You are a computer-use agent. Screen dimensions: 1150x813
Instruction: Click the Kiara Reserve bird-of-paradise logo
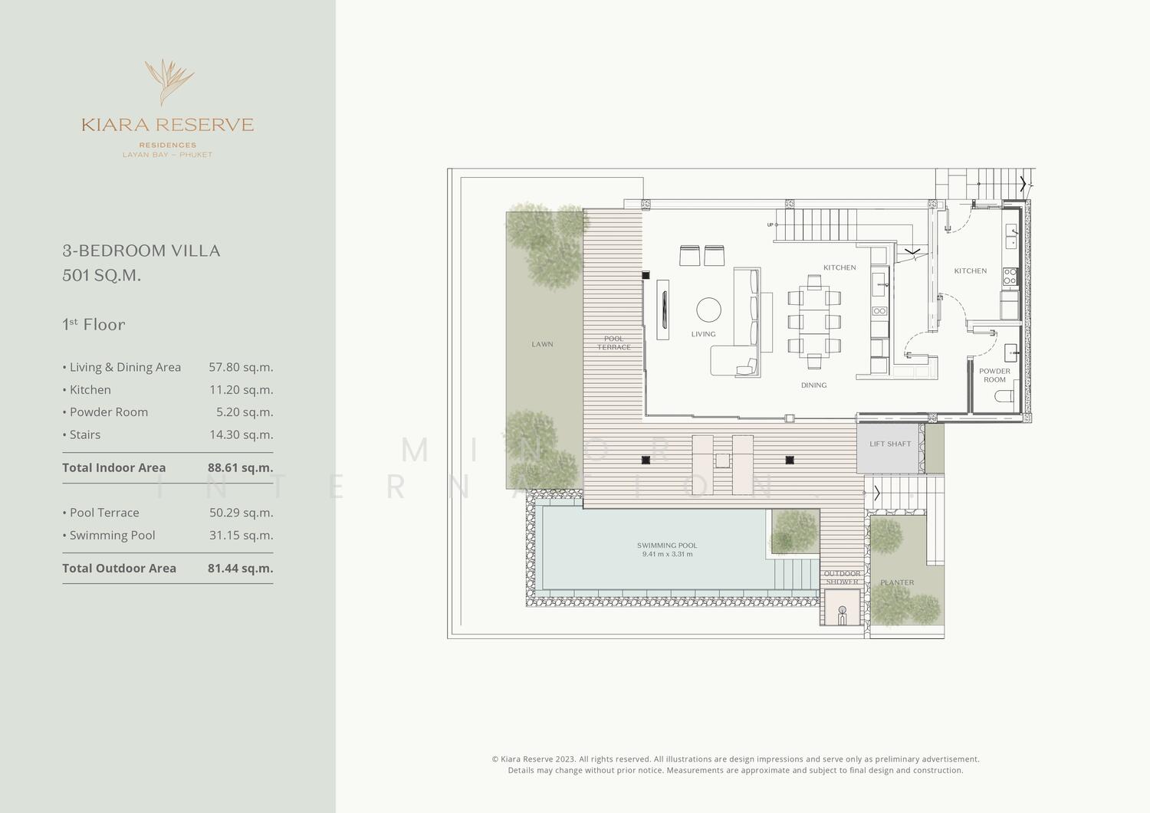(x=169, y=82)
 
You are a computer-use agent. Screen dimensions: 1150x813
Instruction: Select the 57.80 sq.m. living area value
(x=241, y=367)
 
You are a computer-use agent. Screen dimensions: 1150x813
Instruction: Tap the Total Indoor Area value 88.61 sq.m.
(x=240, y=467)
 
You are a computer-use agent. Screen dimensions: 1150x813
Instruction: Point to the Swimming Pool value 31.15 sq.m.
(x=241, y=535)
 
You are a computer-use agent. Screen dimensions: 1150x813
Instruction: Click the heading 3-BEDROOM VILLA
(x=141, y=251)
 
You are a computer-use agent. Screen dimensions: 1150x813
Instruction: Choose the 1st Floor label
(x=94, y=324)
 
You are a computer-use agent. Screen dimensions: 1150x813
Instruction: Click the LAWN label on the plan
(x=542, y=344)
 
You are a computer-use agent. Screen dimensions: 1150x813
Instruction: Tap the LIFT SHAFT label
(x=889, y=444)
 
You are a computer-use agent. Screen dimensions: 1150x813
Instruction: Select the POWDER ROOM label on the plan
(x=994, y=375)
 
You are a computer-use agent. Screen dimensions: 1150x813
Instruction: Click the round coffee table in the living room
(x=708, y=310)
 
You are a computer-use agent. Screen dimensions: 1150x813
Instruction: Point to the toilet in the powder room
(x=1004, y=396)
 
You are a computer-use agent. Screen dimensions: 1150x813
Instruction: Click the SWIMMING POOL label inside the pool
(x=667, y=545)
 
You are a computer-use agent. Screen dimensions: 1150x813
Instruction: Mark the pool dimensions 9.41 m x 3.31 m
(x=667, y=554)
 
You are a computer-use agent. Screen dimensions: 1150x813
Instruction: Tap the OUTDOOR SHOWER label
(x=842, y=578)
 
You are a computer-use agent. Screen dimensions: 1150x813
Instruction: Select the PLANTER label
(x=897, y=582)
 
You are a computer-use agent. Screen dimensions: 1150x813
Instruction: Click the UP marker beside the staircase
(x=770, y=225)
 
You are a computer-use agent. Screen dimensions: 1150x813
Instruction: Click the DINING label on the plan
(x=813, y=385)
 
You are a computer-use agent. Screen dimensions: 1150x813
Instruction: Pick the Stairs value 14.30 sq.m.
(x=241, y=434)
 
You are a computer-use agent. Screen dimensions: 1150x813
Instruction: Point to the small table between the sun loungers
(x=722, y=461)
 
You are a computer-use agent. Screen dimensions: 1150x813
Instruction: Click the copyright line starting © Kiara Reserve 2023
(x=736, y=759)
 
